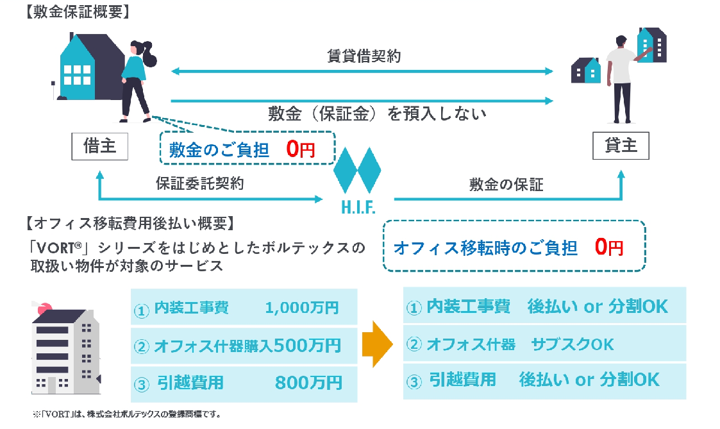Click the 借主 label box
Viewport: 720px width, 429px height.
point(99,146)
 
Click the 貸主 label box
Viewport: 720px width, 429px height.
point(621,146)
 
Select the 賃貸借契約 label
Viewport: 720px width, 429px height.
point(364,56)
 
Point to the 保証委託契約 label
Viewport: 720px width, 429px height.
point(200,183)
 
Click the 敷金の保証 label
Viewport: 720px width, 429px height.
point(507,185)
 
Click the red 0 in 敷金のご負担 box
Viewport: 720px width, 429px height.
point(292,149)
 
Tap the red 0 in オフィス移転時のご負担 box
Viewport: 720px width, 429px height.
point(600,247)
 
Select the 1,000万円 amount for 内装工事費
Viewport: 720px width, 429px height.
point(301,308)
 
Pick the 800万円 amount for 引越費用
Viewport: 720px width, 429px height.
point(308,383)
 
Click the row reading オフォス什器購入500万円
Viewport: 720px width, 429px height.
point(244,346)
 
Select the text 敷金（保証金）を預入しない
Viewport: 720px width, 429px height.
point(378,114)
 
